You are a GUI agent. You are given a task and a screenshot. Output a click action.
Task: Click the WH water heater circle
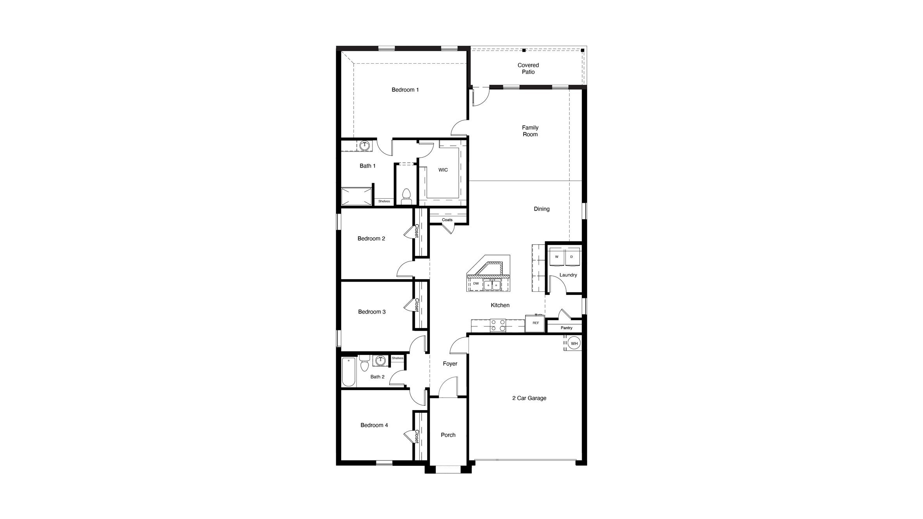point(574,344)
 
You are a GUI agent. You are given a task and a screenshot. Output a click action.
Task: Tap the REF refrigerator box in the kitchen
point(535,323)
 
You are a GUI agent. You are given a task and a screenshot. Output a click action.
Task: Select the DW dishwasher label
point(476,284)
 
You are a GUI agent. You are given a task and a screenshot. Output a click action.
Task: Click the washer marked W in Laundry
point(557,257)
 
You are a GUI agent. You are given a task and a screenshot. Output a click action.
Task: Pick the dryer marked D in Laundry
point(572,257)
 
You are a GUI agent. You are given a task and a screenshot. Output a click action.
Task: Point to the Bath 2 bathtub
point(349,372)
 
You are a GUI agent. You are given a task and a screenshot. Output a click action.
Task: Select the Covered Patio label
point(528,68)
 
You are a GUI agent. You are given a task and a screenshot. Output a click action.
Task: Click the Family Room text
point(530,131)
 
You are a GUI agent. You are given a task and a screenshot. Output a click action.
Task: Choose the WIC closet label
point(443,170)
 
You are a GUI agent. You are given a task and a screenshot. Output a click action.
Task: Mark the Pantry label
point(566,328)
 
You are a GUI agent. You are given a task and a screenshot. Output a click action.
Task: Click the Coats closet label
point(447,220)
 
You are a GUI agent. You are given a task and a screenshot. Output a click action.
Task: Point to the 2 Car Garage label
point(529,398)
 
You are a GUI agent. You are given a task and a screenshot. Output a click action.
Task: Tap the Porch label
point(448,435)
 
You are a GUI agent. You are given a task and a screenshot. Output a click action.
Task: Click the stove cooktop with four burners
point(498,325)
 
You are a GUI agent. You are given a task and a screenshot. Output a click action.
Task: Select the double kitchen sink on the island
point(492,285)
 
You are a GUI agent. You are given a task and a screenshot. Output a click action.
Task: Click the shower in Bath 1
point(356,196)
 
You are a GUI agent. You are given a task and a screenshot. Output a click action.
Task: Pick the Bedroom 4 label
point(374,425)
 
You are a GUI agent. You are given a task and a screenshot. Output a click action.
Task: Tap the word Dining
point(542,209)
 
